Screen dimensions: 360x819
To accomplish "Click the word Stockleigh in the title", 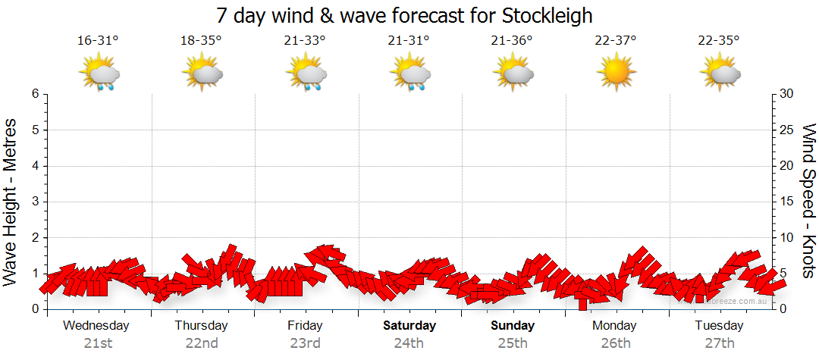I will pos(547,15).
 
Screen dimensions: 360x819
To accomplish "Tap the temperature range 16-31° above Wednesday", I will pos(98,40).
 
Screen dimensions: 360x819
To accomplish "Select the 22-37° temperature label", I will pos(615,40).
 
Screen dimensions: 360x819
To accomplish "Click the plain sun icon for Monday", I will pos(615,74).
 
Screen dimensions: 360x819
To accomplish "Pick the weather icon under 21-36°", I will pos(512,74).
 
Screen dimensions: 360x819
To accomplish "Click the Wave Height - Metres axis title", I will pos(11,202).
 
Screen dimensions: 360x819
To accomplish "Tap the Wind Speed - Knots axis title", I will pos(808,202).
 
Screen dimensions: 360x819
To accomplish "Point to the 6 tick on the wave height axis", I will pos(35,94).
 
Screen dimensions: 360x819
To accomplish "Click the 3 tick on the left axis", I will pos(35,202).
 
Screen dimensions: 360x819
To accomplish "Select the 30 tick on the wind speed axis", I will pos(787,94).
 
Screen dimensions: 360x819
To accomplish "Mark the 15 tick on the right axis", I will pos(787,202).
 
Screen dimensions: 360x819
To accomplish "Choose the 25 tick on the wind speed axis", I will pos(787,130).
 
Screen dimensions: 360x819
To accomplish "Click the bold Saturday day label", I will pos(409,326).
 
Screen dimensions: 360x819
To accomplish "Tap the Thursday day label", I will pos(201,326).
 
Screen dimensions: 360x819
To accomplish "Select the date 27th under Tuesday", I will pos(719,343).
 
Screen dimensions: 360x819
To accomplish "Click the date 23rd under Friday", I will pos(305,343).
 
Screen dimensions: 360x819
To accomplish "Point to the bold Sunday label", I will pos(513,326).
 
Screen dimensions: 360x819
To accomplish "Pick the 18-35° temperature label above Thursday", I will pos(201,40).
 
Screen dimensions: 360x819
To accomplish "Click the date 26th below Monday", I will pos(615,343).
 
